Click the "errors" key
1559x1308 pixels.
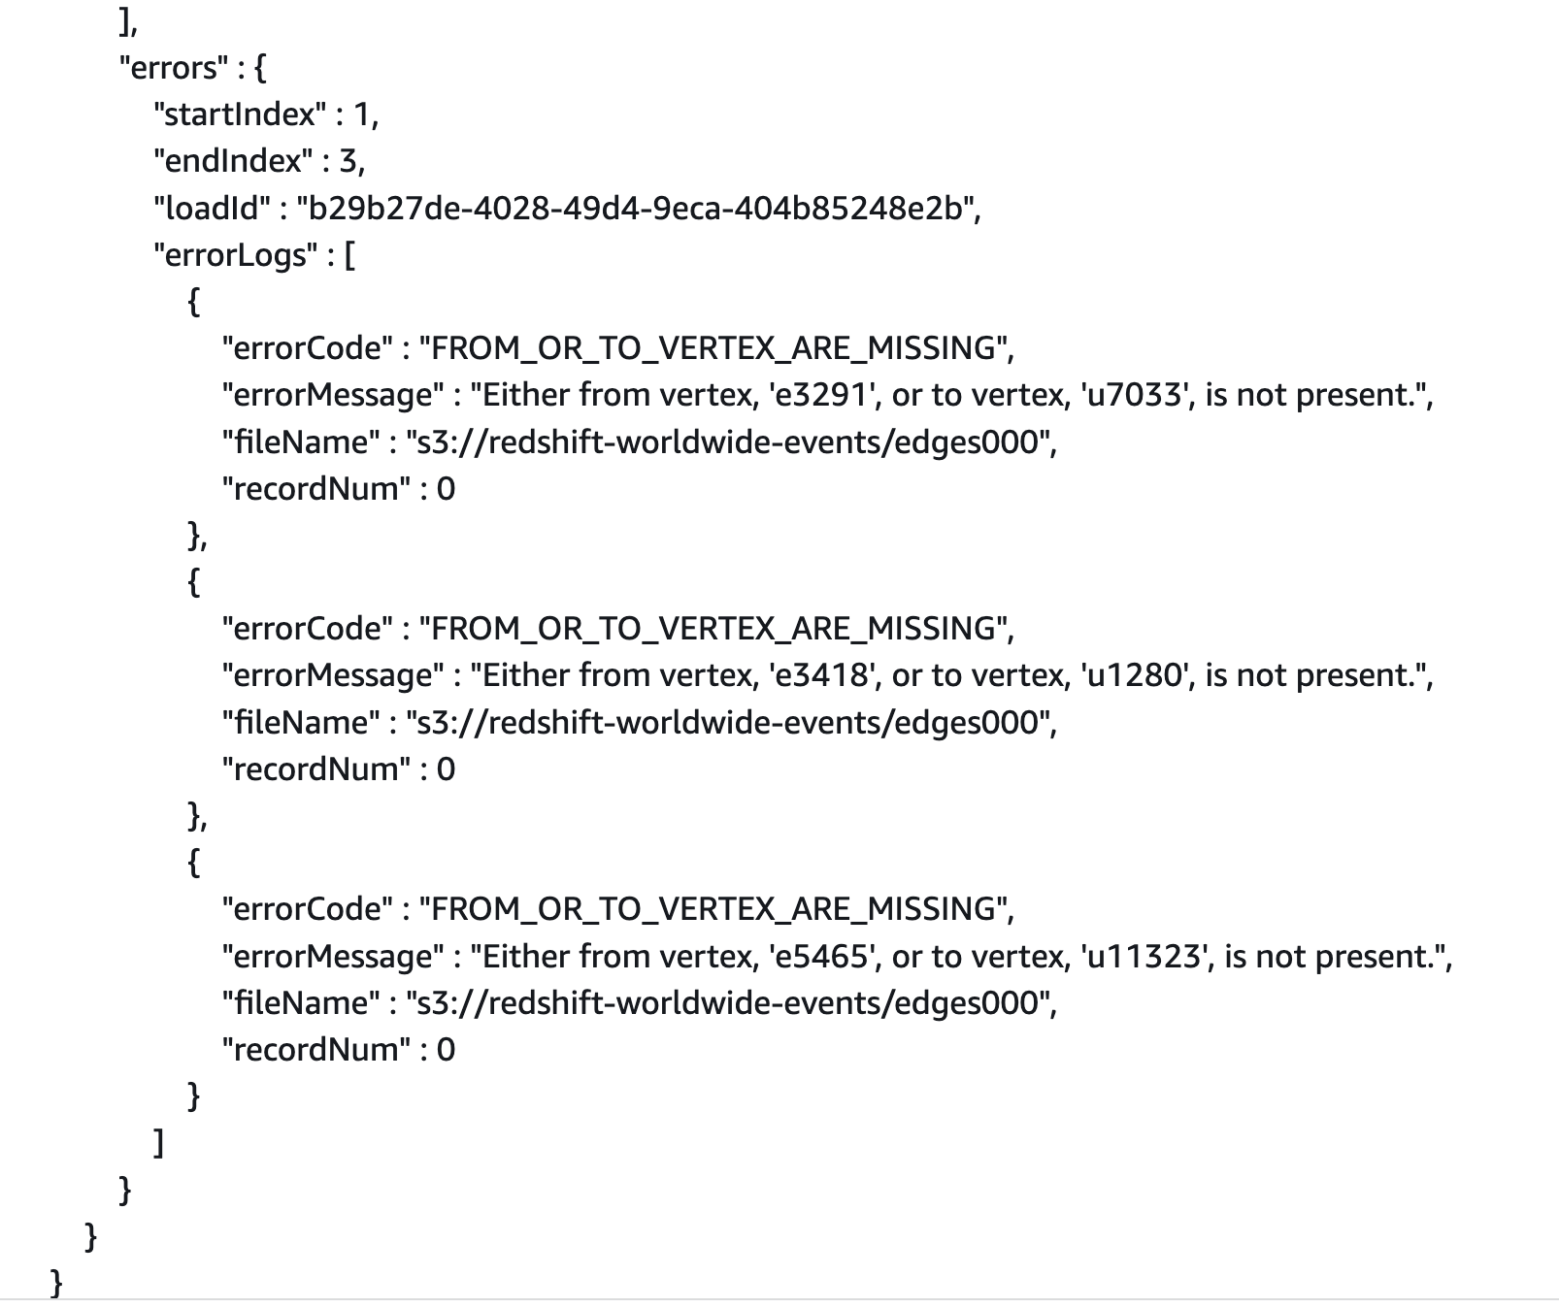click(172, 68)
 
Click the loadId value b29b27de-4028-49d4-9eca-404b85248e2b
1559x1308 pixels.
click(638, 208)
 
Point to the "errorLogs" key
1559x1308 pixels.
click(235, 255)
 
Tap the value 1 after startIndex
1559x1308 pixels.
click(363, 114)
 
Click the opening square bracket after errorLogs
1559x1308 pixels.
click(349, 256)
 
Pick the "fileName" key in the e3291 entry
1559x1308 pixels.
click(301, 442)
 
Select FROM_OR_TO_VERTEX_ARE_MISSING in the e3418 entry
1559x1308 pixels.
click(713, 629)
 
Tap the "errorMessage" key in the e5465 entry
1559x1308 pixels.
click(331, 957)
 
